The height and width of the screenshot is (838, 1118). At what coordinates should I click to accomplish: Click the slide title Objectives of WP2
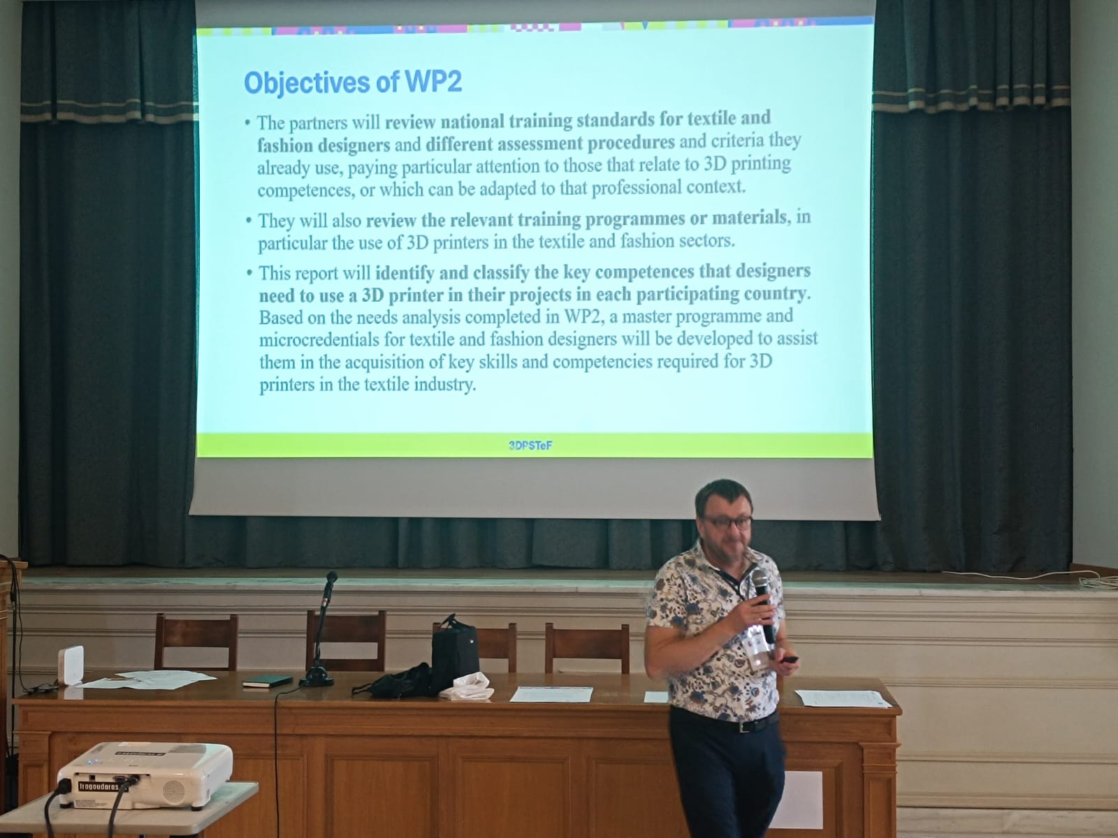[x=353, y=82]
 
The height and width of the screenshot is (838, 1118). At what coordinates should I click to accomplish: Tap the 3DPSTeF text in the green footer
[x=530, y=446]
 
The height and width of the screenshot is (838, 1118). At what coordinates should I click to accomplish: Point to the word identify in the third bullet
[x=405, y=274]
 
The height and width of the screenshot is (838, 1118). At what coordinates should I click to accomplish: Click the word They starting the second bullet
[x=275, y=221]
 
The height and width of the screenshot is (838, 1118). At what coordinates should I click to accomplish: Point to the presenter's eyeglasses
[x=728, y=522]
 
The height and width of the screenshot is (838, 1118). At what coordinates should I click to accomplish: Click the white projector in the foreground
[x=145, y=775]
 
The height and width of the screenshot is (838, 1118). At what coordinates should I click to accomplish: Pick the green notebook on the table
[x=268, y=682]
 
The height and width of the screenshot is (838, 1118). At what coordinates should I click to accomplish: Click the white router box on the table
[x=71, y=666]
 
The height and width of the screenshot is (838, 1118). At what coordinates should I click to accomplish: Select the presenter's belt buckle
[x=746, y=726]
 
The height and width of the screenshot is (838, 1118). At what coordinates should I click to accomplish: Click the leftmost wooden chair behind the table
[x=196, y=642]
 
